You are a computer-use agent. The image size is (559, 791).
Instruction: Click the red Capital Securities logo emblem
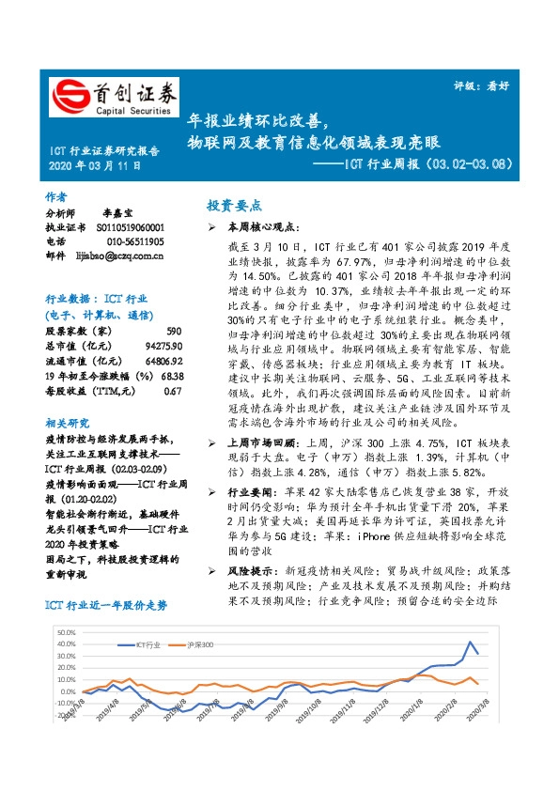69,96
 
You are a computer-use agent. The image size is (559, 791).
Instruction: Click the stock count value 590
173,306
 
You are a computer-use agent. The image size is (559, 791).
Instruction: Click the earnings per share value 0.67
171,364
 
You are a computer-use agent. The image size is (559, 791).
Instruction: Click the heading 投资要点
234,206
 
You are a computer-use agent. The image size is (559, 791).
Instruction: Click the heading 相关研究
65,398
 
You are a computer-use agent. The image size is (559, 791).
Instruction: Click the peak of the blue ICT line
470,643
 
